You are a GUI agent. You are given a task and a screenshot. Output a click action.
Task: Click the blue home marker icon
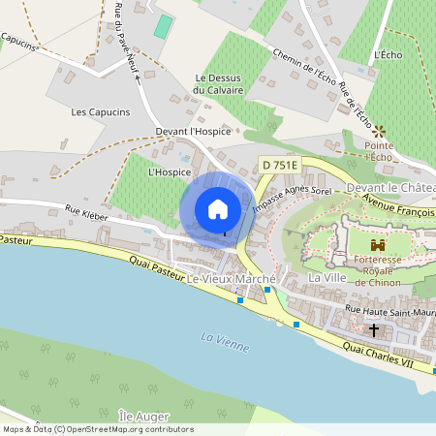click(218, 208)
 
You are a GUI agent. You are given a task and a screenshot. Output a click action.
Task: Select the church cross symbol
click(374, 329)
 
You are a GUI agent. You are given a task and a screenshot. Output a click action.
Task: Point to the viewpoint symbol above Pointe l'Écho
click(379, 130)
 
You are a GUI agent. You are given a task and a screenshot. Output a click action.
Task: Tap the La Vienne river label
click(225, 342)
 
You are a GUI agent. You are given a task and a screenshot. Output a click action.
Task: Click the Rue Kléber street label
click(85, 208)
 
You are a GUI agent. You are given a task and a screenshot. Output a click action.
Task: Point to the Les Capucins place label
click(101, 112)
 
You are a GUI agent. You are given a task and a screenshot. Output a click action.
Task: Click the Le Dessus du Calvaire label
click(218, 84)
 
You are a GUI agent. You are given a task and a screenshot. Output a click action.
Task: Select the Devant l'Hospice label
click(193, 132)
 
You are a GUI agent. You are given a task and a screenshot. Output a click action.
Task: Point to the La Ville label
click(327, 278)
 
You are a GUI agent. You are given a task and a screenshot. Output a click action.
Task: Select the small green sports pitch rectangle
click(164, 26)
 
